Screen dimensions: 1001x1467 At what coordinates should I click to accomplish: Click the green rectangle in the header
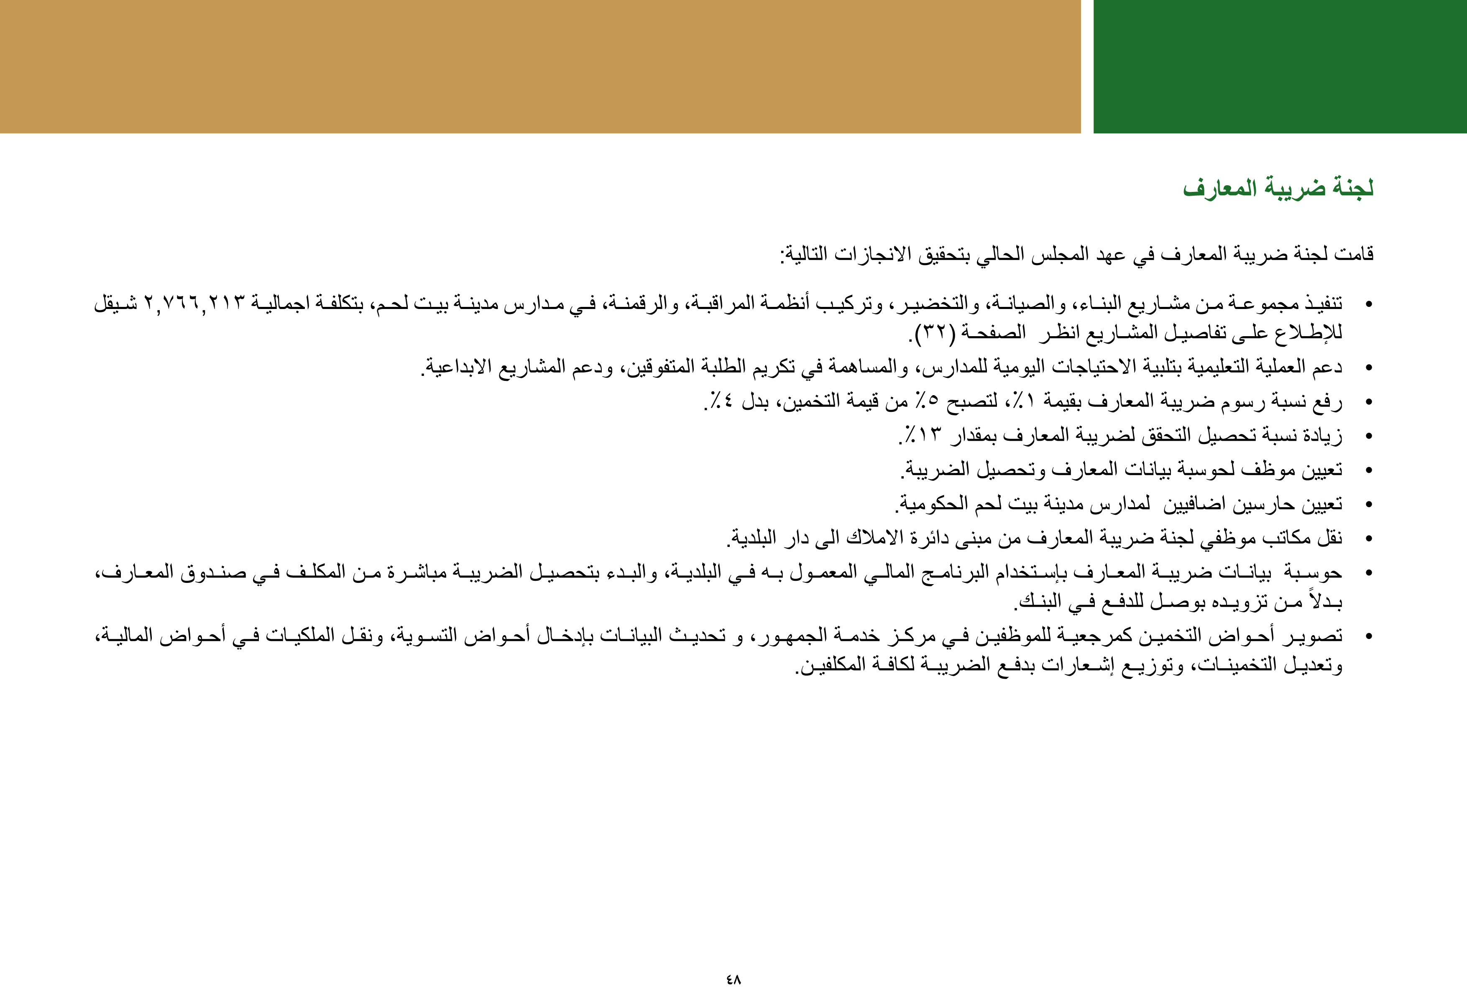tap(1280, 66)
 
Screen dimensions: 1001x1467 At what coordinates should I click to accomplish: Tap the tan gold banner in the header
tap(540, 66)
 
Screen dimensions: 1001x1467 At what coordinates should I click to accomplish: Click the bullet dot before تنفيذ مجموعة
tap(1369, 305)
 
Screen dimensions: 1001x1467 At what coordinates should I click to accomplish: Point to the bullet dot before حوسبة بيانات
tap(1369, 573)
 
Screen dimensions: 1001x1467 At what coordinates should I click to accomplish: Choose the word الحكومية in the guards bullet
tap(925, 504)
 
